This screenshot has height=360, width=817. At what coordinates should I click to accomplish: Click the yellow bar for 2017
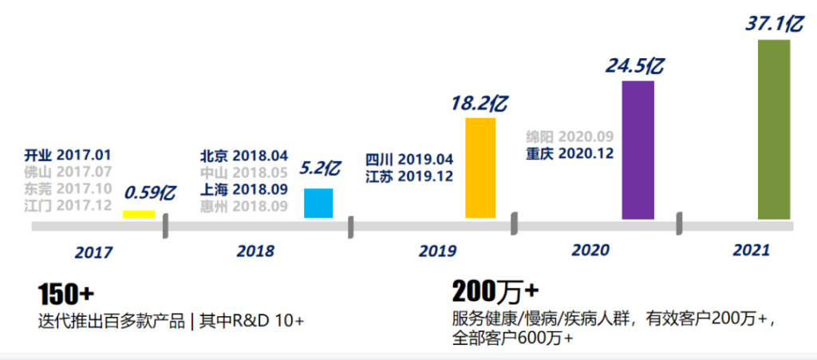(138, 214)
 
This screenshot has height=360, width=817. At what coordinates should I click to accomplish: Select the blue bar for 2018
(318, 203)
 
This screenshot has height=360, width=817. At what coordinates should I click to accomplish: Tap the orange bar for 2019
(480, 168)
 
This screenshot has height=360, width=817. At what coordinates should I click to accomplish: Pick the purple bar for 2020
(637, 149)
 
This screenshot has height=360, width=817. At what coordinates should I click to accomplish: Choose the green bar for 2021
(773, 129)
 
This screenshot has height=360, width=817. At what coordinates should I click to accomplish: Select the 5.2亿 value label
(320, 168)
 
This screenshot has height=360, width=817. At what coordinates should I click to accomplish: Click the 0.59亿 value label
(150, 192)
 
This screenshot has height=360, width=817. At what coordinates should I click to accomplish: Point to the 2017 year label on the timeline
(94, 252)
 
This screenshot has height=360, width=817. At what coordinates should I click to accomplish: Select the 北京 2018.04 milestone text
(243, 156)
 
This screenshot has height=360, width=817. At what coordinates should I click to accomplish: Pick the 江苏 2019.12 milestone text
(409, 175)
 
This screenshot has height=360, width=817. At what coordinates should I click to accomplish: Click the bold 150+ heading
(65, 295)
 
